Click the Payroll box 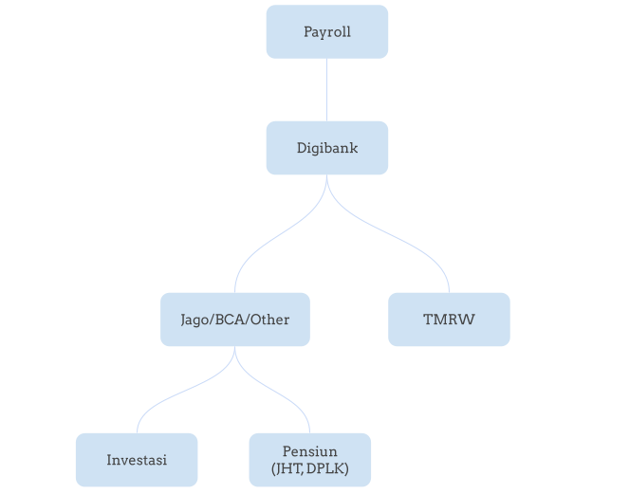(327, 31)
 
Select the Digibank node (327, 148)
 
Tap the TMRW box (449, 320)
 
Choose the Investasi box (137, 460)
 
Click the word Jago (195, 320)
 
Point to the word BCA (229, 320)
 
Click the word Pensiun (309, 450)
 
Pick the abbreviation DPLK (324, 467)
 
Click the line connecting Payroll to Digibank (327, 89)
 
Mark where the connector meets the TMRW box (449, 292)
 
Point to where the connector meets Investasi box (137, 432)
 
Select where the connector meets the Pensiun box (309, 432)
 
